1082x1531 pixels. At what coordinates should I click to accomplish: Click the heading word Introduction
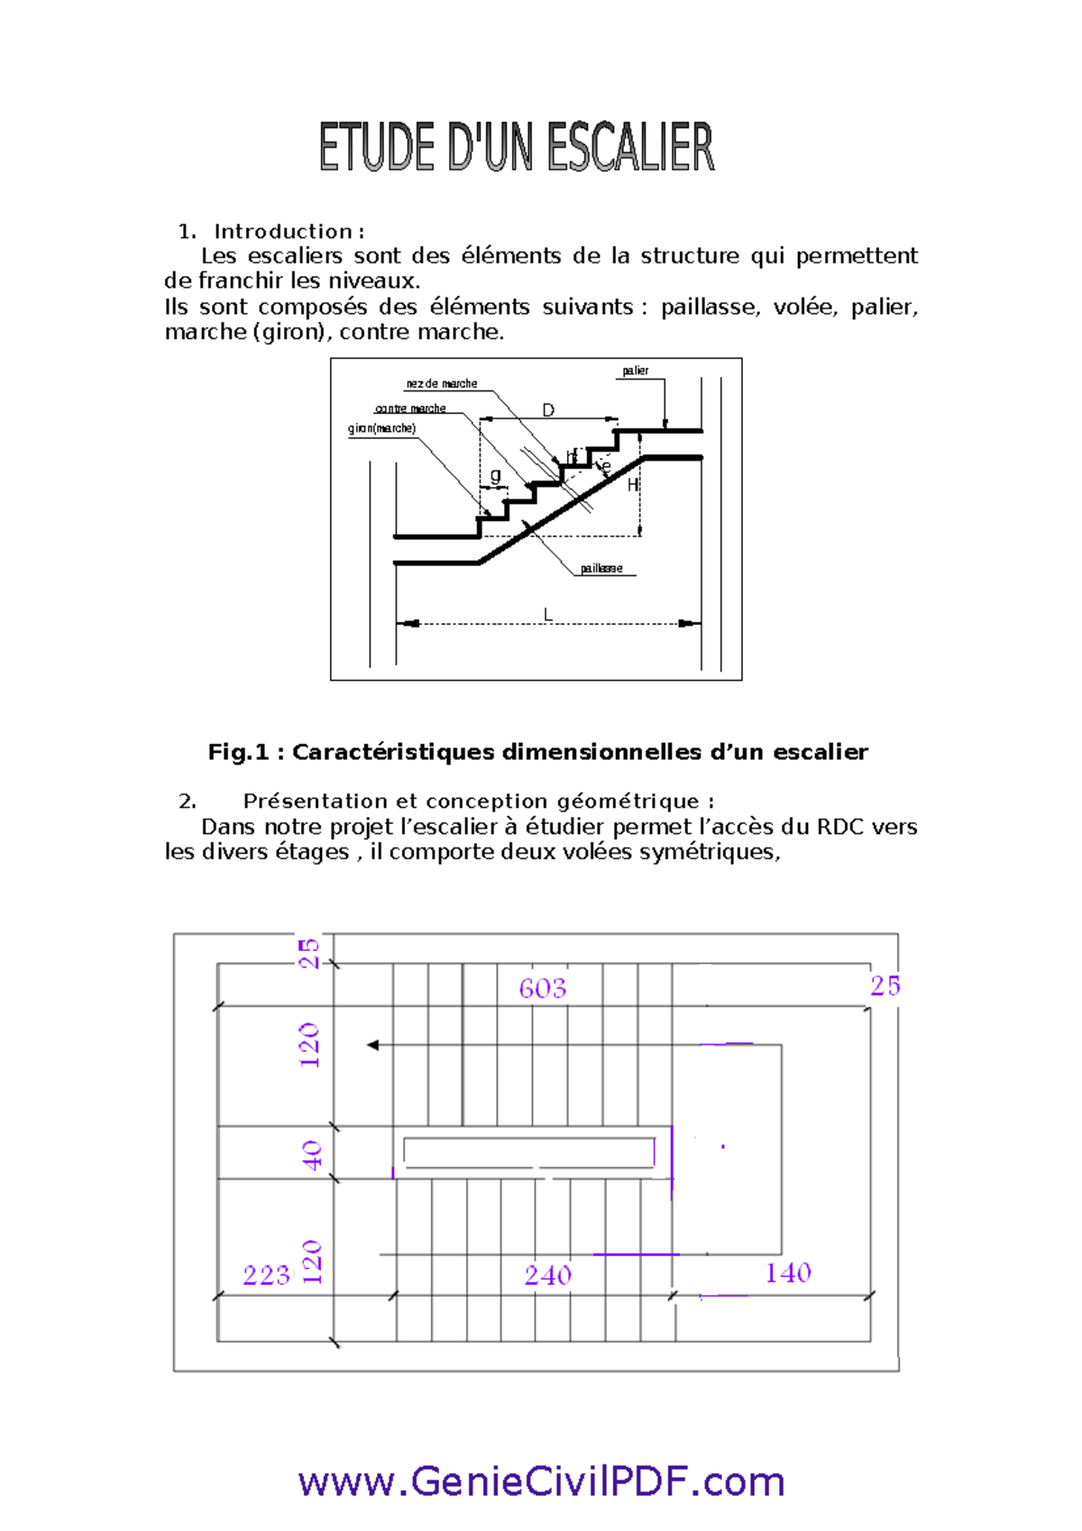[283, 232]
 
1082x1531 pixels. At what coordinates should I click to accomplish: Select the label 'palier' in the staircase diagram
[635, 371]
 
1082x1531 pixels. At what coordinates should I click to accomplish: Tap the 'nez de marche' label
[441, 383]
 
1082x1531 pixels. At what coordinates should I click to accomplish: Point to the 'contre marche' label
[410, 408]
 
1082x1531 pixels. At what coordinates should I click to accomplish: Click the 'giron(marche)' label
[381, 428]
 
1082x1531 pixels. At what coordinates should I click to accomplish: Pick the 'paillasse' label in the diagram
[601, 568]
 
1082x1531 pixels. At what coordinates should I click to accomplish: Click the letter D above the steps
[548, 410]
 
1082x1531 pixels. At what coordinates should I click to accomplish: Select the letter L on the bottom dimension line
[547, 615]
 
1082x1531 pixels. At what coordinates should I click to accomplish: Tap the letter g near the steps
[495, 475]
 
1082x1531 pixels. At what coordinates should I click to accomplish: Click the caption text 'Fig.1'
[238, 752]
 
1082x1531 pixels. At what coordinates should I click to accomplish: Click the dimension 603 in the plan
[542, 988]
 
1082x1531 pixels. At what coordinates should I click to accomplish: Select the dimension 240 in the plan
[547, 1275]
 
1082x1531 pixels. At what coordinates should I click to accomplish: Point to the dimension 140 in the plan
[788, 1272]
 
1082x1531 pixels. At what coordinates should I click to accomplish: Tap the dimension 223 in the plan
[266, 1275]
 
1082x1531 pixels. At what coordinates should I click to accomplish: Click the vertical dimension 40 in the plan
[311, 1154]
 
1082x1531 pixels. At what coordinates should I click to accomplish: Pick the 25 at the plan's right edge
[885, 986]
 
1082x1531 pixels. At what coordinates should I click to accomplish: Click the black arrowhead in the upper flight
[372, 1045]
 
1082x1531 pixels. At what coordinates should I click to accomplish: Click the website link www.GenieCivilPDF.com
[541, 1481]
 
